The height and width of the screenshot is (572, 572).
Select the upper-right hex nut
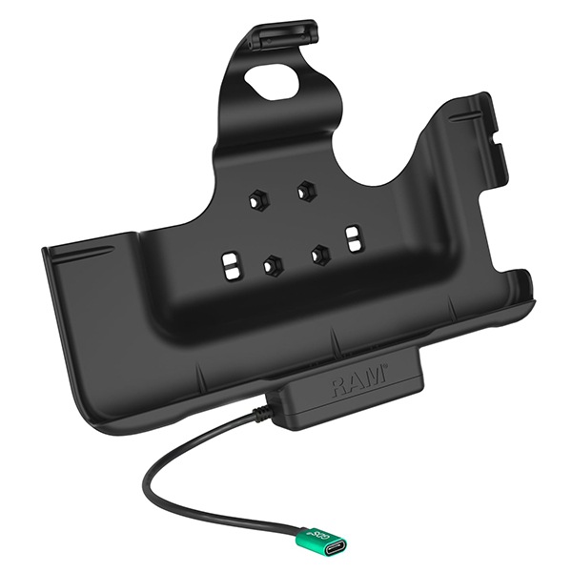[x=304, y=190]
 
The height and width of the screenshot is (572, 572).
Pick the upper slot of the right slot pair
[x=354, y=232]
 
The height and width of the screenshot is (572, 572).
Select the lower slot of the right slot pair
[x=354, y=247]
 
